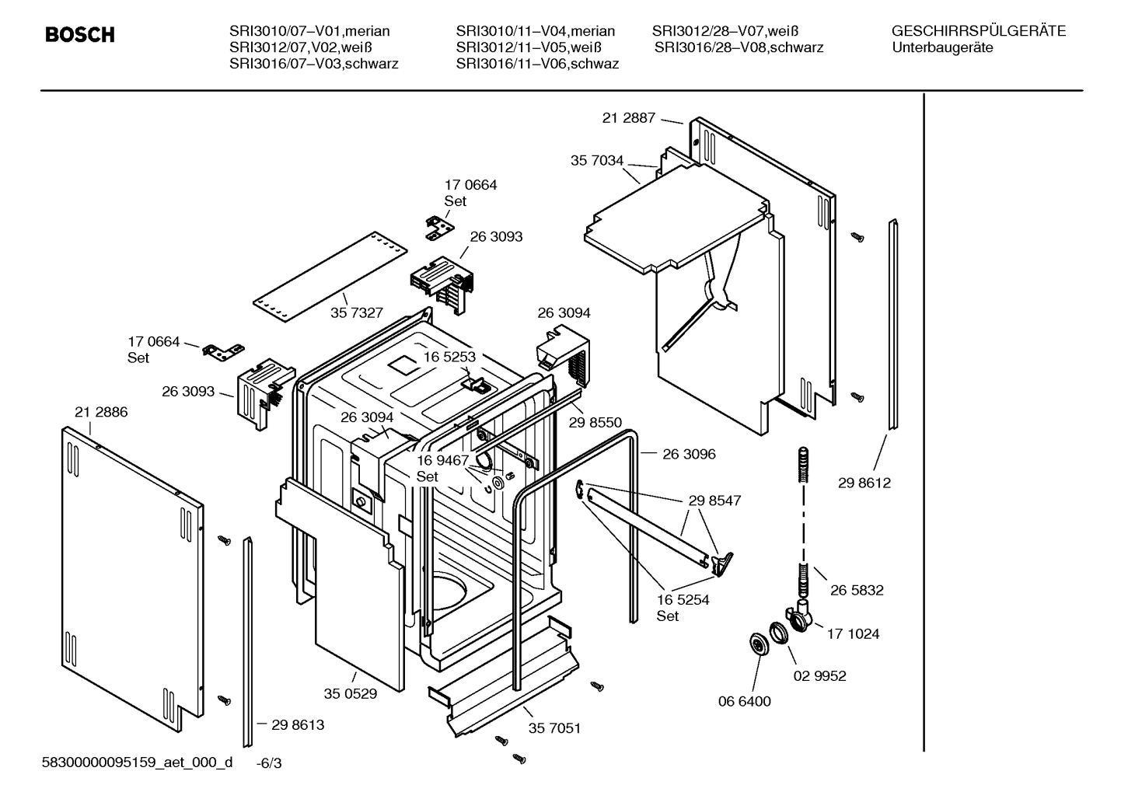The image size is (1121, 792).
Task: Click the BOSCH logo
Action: point(79,34)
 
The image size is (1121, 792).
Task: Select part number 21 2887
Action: point(628,117)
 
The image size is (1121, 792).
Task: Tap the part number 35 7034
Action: point(596,161)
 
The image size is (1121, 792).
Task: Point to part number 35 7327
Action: point(356,312)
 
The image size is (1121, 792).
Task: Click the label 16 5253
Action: point(449,357)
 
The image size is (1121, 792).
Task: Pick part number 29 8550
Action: point(595,422)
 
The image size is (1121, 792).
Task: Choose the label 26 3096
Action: point(689,454)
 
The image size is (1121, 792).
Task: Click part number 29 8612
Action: point(864,483)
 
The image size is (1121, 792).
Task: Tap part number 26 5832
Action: point(857,590)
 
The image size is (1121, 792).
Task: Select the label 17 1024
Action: point(853,634)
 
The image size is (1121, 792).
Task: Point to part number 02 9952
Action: point(819,676)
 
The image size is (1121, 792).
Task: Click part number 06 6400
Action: point(744,701)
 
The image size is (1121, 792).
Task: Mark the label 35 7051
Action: point(554,728)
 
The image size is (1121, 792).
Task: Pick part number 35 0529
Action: point(351,693)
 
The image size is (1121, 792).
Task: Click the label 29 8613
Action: point(298,724)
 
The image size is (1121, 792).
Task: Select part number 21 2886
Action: point(101,412)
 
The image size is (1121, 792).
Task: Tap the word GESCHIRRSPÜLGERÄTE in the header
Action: point(979,30)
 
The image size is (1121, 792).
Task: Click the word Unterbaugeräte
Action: point(942,47)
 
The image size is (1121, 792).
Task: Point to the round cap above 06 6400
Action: point(760,643)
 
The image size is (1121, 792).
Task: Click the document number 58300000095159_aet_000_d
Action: point(137,762)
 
